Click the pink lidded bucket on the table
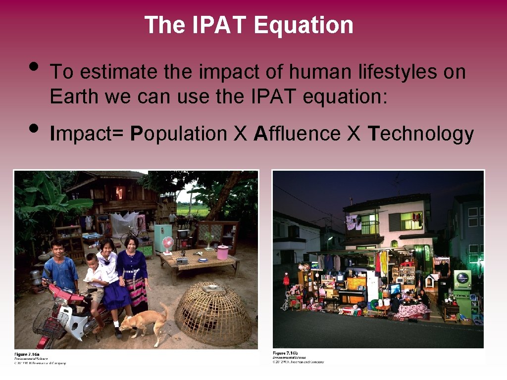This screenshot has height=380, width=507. click(223, 252)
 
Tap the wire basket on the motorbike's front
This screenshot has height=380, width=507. click(48, 321)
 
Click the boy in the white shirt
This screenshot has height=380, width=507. click(94, 277)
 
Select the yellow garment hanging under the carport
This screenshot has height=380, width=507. click(384, 263)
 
